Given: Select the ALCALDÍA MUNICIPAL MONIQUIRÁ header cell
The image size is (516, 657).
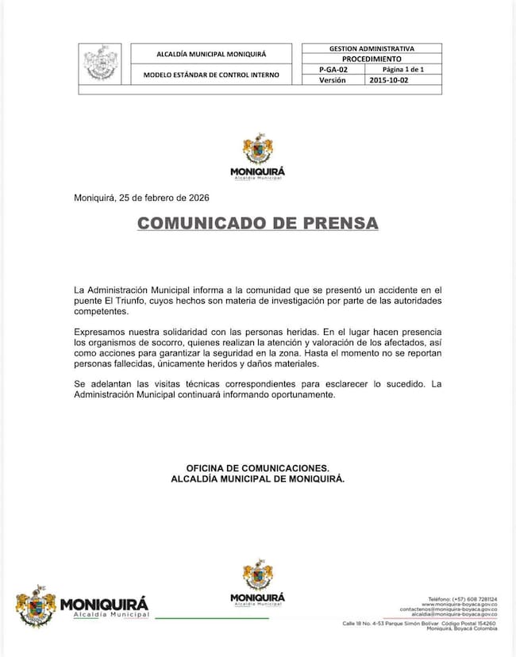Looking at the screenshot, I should pos(212,54).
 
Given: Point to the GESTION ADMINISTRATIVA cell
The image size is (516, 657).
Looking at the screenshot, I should pos(372,48).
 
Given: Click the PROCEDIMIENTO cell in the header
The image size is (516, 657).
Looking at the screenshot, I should pos(372,59).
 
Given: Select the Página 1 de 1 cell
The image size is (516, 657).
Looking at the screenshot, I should pos(403,70).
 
